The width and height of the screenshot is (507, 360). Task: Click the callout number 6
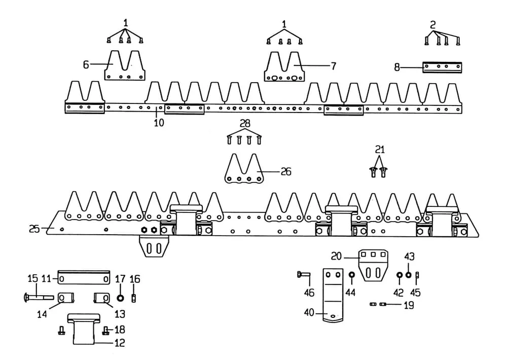click(86, 64)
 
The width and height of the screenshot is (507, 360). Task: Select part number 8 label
click(397, 66)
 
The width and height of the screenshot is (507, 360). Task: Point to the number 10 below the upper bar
click(159, 122)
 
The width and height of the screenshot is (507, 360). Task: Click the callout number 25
click(34, 229)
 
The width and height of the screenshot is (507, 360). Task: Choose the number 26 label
click(285, 172)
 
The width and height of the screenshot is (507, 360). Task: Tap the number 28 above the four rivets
click(245, 124)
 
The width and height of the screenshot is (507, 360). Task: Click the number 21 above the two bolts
click(380, 149)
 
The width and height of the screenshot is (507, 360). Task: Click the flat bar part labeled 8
click(442, 67)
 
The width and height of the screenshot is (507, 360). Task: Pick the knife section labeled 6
click(125, 66)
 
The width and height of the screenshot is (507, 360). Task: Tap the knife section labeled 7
click(284, 67)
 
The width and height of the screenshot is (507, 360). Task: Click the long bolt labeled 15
click(38, 297)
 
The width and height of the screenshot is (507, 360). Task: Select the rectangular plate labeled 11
click(84, 278)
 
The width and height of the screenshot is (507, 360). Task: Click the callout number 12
click(120, 343)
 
